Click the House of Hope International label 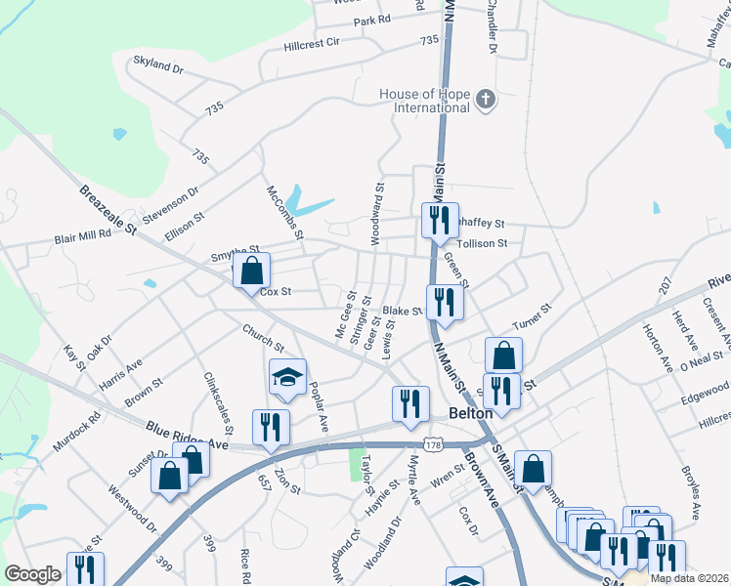pyautogui.click(x=424, y=100)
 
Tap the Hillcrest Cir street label pyautogui.click(x=311, y=43)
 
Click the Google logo pyautogui.click(x=32, y=574)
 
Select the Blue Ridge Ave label pyautogui.click(x=187, y=434)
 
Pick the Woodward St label pyautogui.click(x=375, y=212)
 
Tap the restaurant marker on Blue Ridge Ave pyautogui.click(x=271, y=426)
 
